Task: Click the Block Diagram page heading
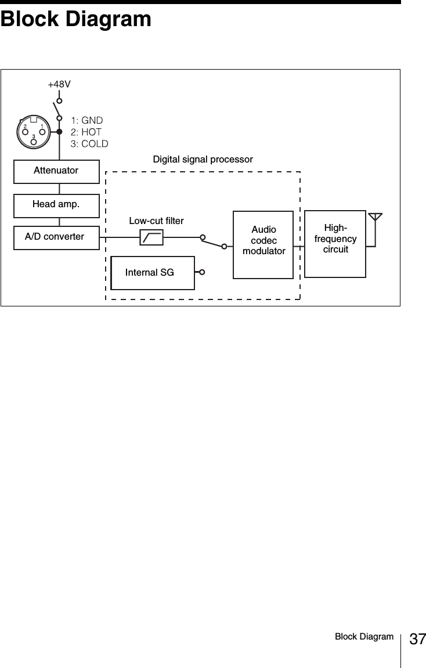tap(76, 19)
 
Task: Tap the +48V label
tap(59, 84)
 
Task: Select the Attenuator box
tap(56, 171)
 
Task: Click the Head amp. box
tap(56, 204)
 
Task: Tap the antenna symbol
tap(376, 219)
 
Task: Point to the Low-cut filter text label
tap(156, 221)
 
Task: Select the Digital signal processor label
tap(203, 159)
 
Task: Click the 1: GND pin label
tap(86, 120)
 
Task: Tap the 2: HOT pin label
tap(86, 132)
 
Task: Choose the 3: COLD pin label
tap(89, 143)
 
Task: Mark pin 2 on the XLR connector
tap(25, 130)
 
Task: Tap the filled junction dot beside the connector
tap(59, 132)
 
